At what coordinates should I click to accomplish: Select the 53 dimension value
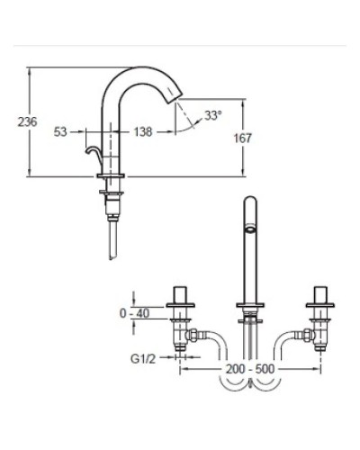tap(61, 131)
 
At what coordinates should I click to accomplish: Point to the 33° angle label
tap(212, 116)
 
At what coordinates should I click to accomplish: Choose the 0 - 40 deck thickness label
tap(134, 313)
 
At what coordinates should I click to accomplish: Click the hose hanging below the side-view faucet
tap(111, 239)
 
